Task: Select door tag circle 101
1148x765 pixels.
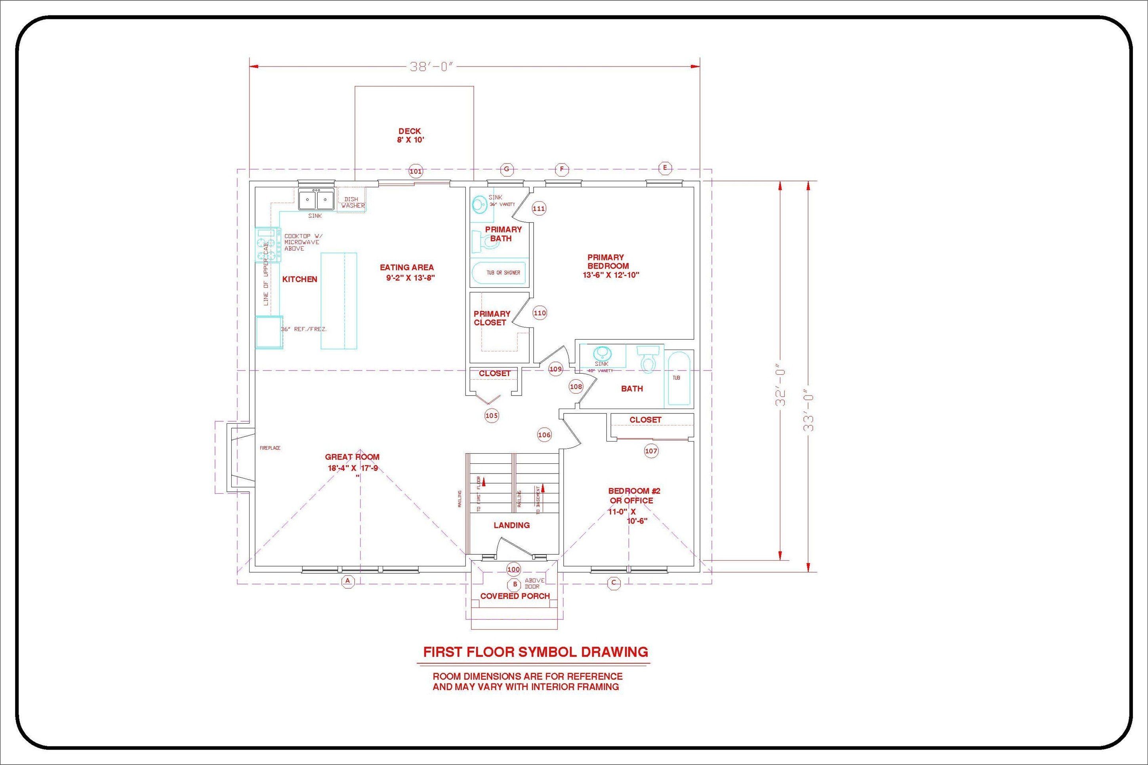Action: coord(416,171)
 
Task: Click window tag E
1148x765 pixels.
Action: coord(665,168)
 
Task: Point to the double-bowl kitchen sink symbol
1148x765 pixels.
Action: coord(316,200)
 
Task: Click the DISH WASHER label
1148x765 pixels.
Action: coord(353,202)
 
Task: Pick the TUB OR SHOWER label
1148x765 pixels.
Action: coord(503,273)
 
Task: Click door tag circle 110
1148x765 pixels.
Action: coord(540,313)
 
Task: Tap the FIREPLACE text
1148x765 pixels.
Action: coord(270,448)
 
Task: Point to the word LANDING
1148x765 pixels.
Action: coord(511,525)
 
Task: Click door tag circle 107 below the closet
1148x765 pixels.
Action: coord(651,451)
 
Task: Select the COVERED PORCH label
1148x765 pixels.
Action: coord(515,596)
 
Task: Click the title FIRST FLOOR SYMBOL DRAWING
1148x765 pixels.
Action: coord(536,652)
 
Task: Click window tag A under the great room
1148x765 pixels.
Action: coord(347,581)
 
